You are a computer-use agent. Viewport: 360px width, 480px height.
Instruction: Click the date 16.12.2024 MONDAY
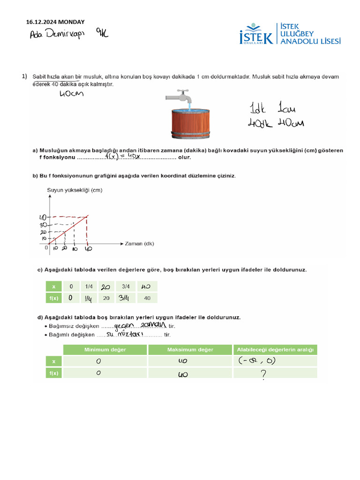click(x=55, y=22)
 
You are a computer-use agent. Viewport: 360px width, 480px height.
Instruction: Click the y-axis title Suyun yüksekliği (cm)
click(x=75, y=190)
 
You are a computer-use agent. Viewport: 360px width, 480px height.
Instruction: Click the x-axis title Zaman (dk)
click(x=139, y=244)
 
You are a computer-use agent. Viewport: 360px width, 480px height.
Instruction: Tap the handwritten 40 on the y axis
click(x=42, y=217)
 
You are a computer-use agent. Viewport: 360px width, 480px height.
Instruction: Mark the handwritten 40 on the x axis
click(x=88, y=249)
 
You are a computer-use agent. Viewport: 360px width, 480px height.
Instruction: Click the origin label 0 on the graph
click(x=47, y=248)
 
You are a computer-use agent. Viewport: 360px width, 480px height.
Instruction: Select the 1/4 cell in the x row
click(x=89, y=286)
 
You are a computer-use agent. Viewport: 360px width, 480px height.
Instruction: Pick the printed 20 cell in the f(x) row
click(x=106, y=298)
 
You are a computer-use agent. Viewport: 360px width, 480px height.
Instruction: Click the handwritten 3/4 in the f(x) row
click(x=125, y=298)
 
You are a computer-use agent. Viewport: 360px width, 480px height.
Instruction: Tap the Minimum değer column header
click(x=105, y=350)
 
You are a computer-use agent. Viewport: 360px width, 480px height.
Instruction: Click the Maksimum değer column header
click(x=190, y=350)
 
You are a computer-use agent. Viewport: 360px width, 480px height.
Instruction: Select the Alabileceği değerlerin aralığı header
click(x=275, y=350)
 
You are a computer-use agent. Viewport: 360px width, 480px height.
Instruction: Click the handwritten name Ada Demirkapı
click(x=57, y=35)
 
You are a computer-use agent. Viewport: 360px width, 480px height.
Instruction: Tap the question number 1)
click(x=25, y=76)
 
